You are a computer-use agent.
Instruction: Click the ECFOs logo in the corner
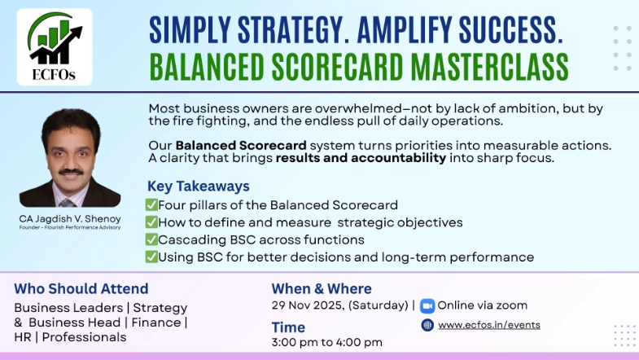point(55,46)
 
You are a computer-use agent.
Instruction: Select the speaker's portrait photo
point(69,160)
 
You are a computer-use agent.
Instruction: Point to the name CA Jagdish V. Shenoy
point(69,218)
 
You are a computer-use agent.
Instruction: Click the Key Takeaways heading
point(198,186)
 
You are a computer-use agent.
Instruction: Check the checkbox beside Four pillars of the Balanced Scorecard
point(151,204)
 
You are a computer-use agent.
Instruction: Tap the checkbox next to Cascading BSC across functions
point(151,239)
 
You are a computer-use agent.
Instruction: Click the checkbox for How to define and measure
point(151,222)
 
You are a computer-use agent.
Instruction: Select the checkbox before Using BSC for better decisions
point(151,257)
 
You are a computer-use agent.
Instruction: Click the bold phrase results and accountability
point(361,158)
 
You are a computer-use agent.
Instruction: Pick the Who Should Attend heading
point(81,288)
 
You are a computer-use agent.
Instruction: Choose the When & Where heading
point(322,288)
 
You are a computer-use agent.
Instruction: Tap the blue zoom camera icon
point(427,306)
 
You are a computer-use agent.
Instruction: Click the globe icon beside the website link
point(427,325)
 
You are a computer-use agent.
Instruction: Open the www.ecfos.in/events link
point(488,325)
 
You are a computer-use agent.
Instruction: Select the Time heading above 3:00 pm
point(288,327)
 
